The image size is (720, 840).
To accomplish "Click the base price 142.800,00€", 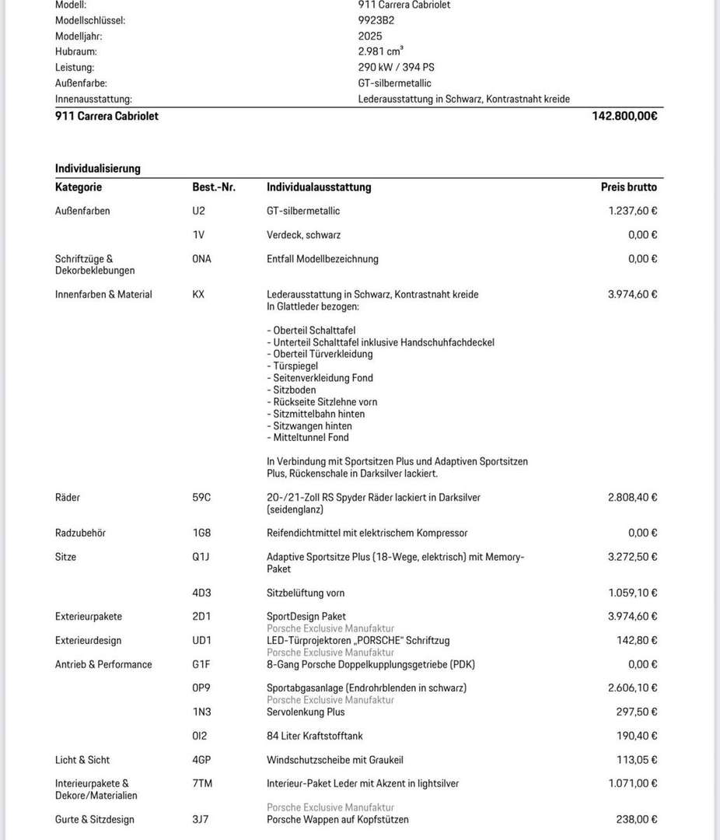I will (624, 116).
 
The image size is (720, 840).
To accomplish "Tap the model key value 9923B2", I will (376, 20).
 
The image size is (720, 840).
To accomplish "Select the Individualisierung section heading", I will (97, 168).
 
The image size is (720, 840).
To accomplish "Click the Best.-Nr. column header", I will (214, 187).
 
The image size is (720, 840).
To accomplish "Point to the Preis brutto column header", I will (628, 187).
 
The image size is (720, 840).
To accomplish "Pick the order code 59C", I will (202, 498).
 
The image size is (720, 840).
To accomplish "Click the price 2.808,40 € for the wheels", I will (632, 498).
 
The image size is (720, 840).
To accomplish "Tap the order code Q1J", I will (201, 557).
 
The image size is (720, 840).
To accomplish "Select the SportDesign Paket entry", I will (306, 617).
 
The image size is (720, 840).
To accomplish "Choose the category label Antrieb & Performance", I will (103, 664).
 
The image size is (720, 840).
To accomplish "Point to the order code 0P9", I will (201, 688).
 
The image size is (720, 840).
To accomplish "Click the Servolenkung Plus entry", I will (306, 712).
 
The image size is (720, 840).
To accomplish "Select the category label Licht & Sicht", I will (82, 760).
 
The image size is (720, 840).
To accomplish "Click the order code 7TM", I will (202, 784).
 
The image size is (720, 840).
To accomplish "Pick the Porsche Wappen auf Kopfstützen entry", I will (337, 820).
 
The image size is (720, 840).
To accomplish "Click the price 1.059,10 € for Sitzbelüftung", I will (632, 593).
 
